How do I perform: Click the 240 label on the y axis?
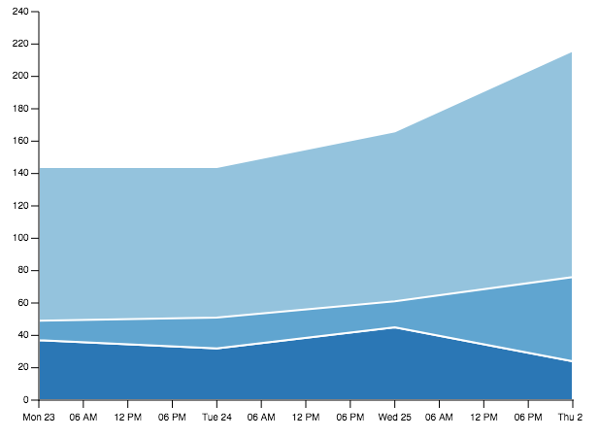tap(20, 12)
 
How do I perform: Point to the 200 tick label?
tap(20, 76)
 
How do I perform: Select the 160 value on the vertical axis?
tap(20, 141)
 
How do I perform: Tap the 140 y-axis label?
tap(20, 173)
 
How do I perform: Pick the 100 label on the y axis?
tap(20, 238)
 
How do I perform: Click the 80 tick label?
tap(23, 270)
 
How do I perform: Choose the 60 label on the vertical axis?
tap(23, 303)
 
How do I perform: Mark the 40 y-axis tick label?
tap(23, 335)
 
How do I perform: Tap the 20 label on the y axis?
tap(23, 367)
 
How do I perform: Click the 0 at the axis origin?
tap(25, 400)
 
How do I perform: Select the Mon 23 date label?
tap(39, 417)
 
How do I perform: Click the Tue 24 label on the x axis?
tap(217, 417)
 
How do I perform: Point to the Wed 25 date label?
tap(394, 417)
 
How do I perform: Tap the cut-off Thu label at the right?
tap(570, 417)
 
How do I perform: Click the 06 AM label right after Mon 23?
tap(83, 417)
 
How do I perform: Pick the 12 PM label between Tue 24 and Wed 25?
tap(306, 417)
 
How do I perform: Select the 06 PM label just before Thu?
tap(528, 417)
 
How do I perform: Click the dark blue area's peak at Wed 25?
tap(394, 327)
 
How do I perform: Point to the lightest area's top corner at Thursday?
tap(572, 52)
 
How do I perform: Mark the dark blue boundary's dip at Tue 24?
tap(217, 349)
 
